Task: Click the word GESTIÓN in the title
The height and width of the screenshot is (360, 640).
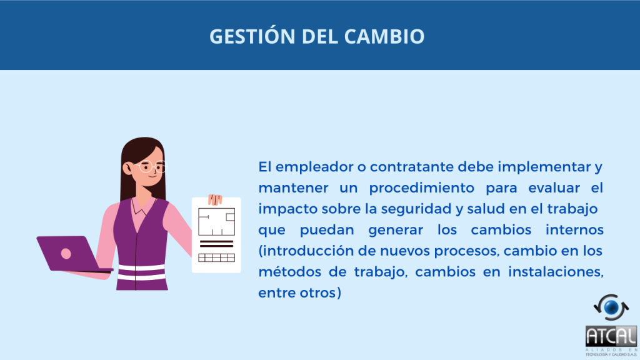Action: (x=252, y=36)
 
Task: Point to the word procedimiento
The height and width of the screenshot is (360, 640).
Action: (x=422, y=189)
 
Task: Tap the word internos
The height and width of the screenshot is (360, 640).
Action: (x=574, y=230)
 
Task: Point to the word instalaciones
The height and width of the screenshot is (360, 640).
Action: (x=556, y=272)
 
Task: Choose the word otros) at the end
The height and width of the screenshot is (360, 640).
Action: (x=321, y=293)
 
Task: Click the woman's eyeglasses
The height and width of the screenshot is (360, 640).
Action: (x=150, y=166)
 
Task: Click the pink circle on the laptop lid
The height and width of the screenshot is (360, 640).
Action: (x=66, y=254)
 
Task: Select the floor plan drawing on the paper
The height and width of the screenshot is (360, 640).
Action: (x=216, y=222)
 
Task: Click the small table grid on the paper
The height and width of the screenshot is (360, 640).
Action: (x=216, y=257)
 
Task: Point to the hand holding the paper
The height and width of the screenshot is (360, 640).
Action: (x=215, y=199)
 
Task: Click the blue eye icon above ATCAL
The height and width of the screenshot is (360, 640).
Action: (x=611, y=307)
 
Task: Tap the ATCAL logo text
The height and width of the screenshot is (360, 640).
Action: (x=611, y=336)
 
